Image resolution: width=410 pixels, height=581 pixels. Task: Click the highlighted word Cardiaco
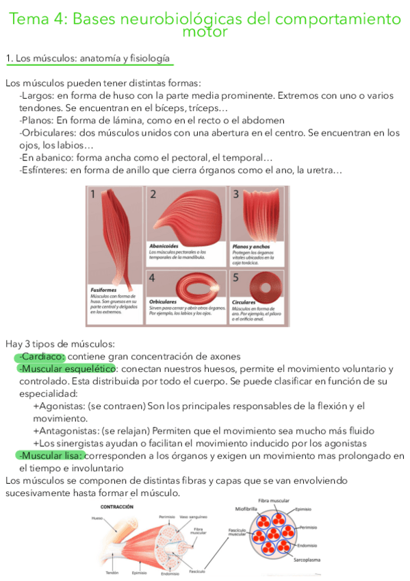43,356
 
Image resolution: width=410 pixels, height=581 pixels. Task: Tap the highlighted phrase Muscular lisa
52,456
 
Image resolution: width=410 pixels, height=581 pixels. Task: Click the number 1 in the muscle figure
92,194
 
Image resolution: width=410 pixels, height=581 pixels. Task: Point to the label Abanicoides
164,245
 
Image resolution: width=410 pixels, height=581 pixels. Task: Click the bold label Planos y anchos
251,245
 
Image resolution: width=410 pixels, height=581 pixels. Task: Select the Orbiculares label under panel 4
163,301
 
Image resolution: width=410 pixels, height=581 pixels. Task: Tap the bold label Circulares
244,302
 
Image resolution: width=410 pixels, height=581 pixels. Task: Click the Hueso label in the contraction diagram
98,519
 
